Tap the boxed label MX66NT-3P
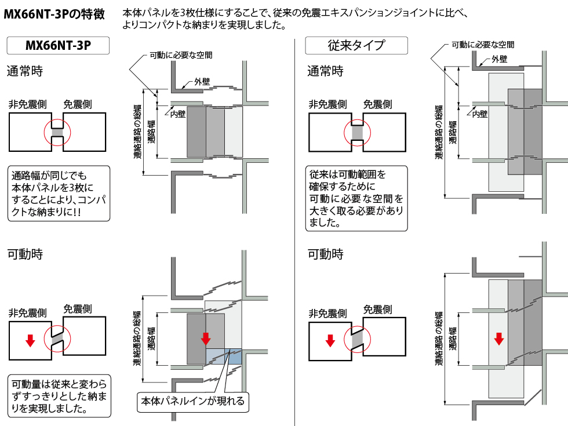pyautogui.click(x=58, y=45)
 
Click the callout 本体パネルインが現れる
pyautogui.click(x=191, y=401)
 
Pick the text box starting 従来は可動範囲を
pyautogui.click(x=356, y=198)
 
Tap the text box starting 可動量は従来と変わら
pyautogui.click(x=58, y=396)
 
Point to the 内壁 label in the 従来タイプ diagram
pyautogui.click(x=480, y=114)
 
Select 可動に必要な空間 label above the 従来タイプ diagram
pyautogui.click(x=482, y=44)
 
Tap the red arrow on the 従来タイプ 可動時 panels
pyautogui.click(x=498, y=338)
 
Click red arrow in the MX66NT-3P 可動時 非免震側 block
pyautogui.click(x=30, y=341)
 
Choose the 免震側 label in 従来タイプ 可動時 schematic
pyautogui.click(x=377, y=310)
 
